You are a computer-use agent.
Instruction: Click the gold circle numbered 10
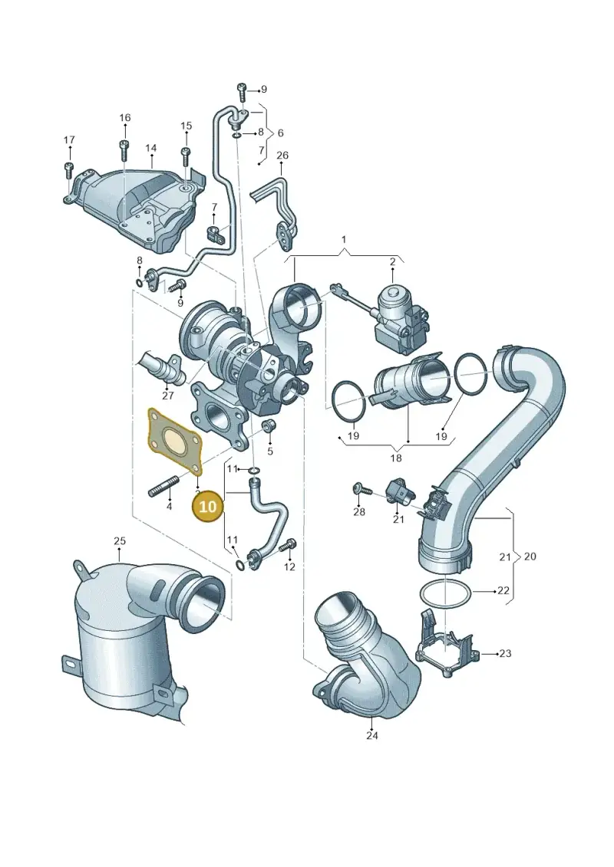[207, 506]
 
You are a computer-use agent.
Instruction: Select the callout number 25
[120, 540]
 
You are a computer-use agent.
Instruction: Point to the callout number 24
[372, 735]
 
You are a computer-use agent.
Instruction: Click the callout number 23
[505, 654]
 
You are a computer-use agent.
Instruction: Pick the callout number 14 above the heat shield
[150, 148]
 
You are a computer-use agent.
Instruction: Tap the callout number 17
[68, 140]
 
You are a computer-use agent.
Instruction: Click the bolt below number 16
[124, 151]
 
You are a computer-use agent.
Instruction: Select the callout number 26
[282, 156]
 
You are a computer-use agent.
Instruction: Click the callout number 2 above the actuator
[392, 261]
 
